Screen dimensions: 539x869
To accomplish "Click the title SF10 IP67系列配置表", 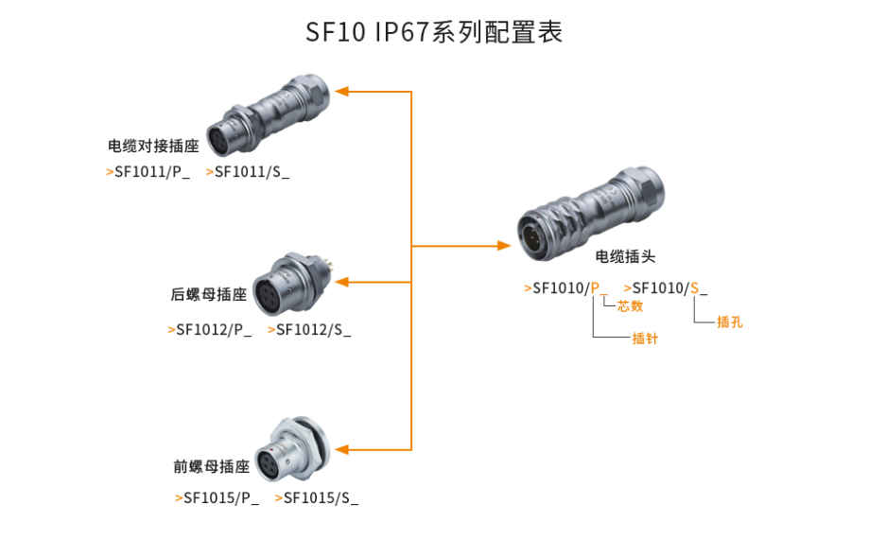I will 434,32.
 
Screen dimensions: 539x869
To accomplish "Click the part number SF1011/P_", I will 151,172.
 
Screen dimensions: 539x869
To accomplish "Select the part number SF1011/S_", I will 252,172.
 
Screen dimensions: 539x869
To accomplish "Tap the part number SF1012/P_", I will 214,330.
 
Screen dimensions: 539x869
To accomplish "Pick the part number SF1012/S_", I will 313,330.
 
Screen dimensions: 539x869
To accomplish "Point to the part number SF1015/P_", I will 220,497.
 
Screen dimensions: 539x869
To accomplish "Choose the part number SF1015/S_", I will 321,497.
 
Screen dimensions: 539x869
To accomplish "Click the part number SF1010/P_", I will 568,288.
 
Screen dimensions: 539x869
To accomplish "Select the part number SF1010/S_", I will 669,288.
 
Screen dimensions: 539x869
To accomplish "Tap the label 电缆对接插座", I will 154,147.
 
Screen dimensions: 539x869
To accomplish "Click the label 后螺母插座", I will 209,294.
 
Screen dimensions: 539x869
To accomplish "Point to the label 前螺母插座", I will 211,466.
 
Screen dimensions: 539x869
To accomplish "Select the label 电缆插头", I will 625,256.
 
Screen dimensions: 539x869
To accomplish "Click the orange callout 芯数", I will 630,306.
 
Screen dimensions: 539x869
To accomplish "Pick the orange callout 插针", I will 645,338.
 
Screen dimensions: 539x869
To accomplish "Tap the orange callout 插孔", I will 729,322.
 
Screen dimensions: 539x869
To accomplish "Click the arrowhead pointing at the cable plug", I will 504,246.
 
